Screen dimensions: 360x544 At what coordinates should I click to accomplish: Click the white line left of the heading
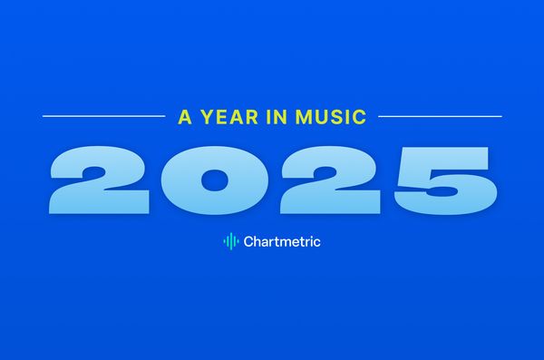coord(104,116)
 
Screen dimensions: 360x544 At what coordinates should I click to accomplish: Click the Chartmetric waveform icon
coord(231,241)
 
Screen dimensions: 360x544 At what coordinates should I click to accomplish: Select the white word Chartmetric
coord(282,241)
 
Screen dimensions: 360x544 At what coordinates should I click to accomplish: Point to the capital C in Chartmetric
coord(248,241)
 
